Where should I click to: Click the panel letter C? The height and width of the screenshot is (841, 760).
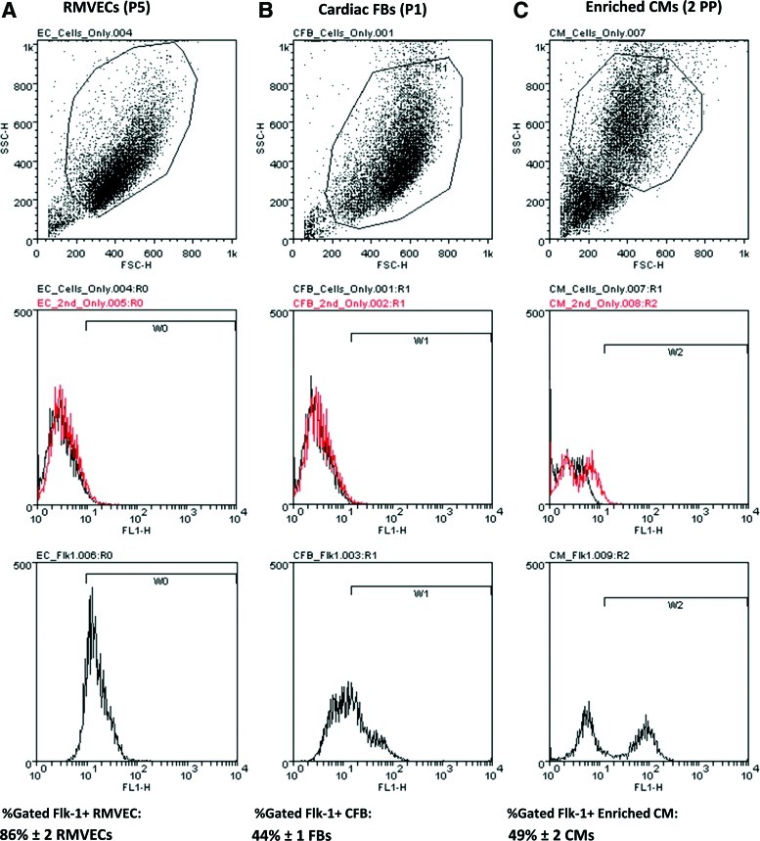514,13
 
